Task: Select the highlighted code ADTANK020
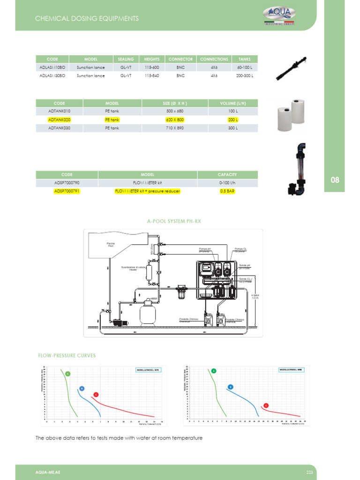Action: (59, 120)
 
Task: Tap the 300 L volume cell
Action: (233, 127)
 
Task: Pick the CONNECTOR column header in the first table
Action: (180, 59)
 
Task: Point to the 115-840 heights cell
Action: (152, 75)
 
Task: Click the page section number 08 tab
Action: (335, 180)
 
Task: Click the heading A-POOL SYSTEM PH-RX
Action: (174, 221)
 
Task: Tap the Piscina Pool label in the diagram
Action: (111, 244)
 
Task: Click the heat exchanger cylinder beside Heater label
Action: (150, 272)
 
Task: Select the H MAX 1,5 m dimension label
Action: (255, 296)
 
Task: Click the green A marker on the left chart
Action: (67, 374)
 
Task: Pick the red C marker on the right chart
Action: (266, 405)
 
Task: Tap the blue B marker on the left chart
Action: (82, 389)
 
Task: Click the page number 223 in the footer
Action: (309, 472)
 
